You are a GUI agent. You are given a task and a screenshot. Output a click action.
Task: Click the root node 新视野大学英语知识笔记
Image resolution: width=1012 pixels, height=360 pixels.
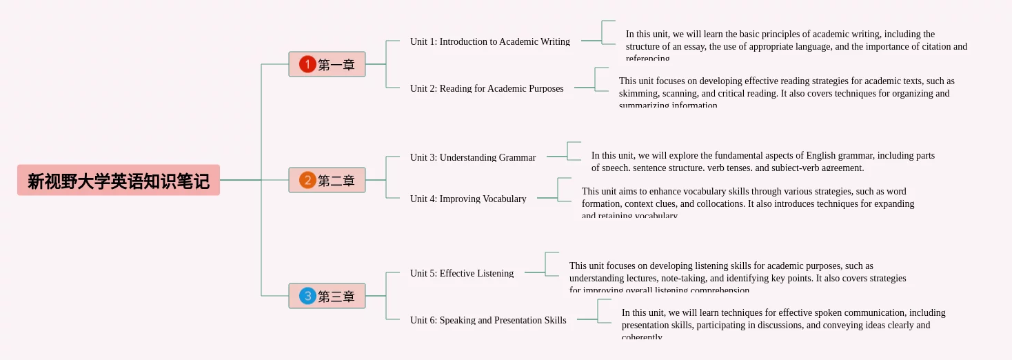(x=118, y=180)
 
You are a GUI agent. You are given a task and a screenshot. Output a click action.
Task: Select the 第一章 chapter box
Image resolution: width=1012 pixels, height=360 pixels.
(x=327, y=64)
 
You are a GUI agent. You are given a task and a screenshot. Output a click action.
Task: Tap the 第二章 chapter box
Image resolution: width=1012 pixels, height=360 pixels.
(x=327, y=180)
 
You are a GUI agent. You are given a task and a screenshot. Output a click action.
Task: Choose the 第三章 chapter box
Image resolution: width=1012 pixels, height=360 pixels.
(x=327, y=296)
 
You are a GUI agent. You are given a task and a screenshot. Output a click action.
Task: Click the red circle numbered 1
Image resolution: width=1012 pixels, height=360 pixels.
(x=307, y=64)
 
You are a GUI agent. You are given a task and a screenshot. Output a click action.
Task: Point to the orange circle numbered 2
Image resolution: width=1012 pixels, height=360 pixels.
(x=307, y=180)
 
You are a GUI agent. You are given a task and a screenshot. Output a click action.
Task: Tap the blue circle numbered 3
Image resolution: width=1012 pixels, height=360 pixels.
(x=307, y=296)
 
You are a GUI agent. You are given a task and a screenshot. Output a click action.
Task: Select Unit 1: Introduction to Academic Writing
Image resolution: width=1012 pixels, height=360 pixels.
(x=489, y=41)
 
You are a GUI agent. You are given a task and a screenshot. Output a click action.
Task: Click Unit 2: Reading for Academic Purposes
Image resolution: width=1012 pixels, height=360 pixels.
(x=486, y=88)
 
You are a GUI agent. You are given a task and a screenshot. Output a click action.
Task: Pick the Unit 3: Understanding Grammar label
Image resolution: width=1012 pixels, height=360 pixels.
(x=472, y=157)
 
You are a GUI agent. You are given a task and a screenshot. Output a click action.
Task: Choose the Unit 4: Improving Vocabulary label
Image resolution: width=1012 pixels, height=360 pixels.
(x=467, y=199)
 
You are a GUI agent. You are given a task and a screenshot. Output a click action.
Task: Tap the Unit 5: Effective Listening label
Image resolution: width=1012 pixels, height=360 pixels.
(x=461, y=273)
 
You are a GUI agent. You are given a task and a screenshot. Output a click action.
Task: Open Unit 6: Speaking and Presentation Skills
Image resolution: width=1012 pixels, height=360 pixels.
(x=487, y=320)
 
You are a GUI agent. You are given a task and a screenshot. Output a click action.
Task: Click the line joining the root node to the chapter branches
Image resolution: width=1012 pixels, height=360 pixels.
(x=240, y=180)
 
